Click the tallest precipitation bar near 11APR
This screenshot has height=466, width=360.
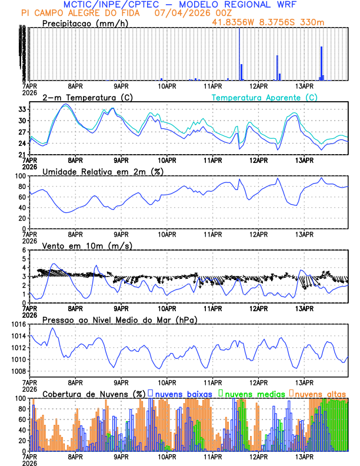pyautogui.click(x=239, y=53)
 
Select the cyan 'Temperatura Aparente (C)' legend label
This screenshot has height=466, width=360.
pyautogui.click(x=264, y=97)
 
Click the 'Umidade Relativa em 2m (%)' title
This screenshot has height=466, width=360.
pyautogui.click(x=103, y=171)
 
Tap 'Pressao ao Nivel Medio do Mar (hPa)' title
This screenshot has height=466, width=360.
pyautogui.click(x=119, y=319)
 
